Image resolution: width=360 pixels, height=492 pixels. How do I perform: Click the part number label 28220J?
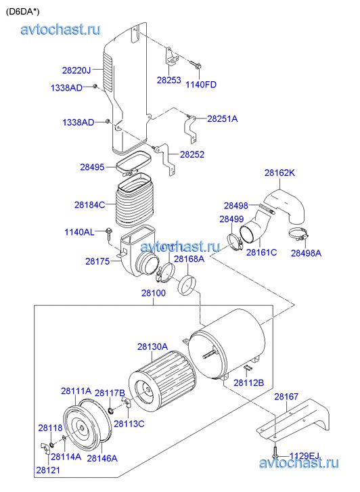[76, 70]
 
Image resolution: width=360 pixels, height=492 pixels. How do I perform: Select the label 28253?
[169, 80]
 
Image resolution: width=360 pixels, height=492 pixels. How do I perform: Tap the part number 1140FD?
[201, 85]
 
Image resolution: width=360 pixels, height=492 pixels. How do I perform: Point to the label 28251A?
[222, 119]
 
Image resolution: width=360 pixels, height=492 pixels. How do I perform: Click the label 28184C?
[90, 205]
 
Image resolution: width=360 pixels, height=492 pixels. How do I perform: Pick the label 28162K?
[279, 173]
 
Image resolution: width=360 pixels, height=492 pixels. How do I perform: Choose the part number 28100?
[154, 293]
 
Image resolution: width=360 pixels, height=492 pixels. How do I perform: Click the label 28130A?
[152, 346]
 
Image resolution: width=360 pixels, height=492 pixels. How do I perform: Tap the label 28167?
[286, 397]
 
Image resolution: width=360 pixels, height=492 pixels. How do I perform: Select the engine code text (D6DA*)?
[22, 12]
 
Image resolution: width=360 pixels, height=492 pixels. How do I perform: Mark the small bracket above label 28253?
[171, 56]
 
